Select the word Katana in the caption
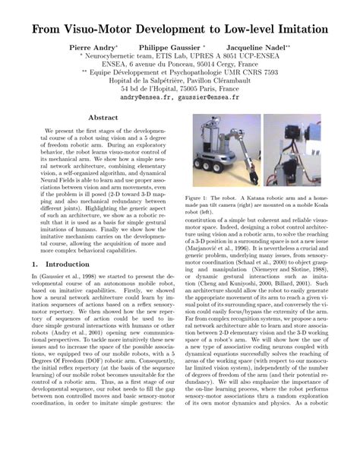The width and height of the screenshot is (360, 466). [x=265, y=196]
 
